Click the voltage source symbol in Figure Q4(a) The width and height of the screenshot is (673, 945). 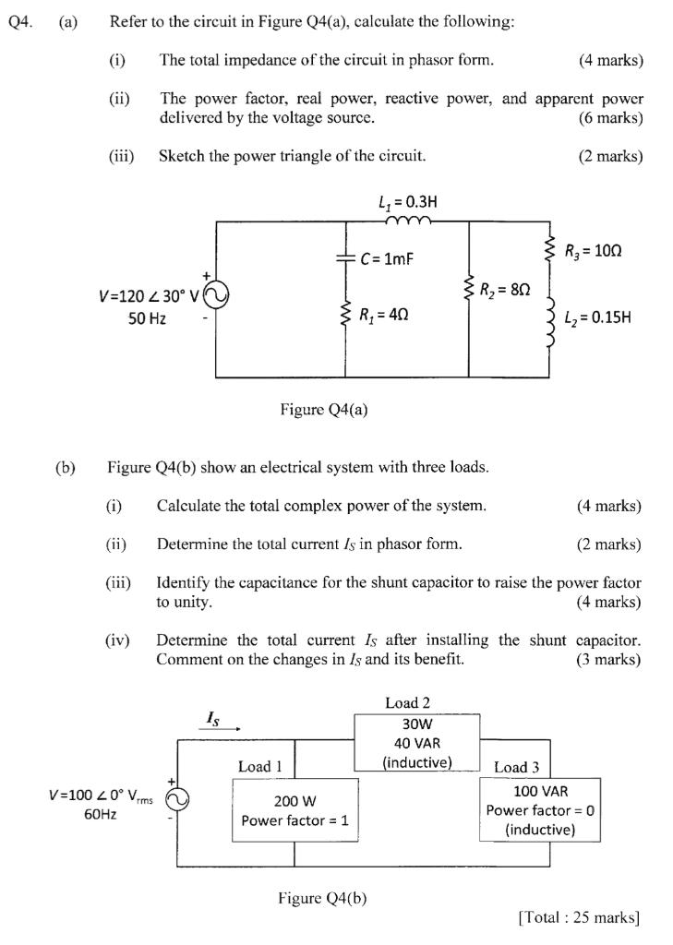[216, 295]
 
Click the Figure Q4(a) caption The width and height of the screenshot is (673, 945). [323, 410]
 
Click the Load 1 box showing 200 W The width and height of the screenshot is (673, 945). [294, 808]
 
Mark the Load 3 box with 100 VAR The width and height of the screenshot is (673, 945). [540, 809]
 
